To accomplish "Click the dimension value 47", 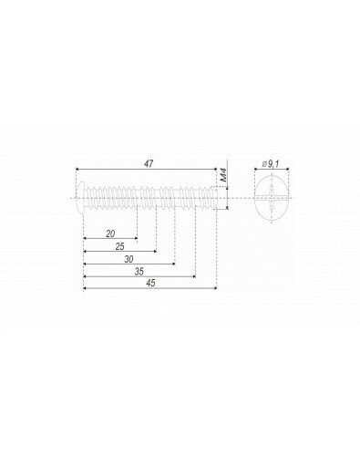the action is click(149, 163).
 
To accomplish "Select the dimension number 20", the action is click(110, 233).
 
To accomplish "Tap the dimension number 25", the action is click(120, 246).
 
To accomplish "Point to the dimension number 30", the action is click(129, 259).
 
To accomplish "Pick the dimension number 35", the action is click(139, 272).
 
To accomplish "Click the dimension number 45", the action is click(150, 283).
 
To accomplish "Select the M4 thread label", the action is click(224, 176).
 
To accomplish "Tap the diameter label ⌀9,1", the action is click(271, 164).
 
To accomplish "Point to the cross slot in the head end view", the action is click(271, 199).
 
